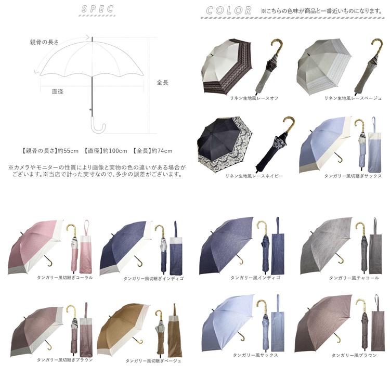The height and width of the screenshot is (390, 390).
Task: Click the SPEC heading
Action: tap(98, 9)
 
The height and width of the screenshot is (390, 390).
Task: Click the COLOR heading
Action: tap(229, 10)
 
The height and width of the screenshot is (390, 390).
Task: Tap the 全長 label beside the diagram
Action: tap(162, 82)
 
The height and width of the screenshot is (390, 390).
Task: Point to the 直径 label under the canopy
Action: tap(57, 92)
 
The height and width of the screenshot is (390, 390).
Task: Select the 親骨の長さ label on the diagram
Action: tap(44, 42)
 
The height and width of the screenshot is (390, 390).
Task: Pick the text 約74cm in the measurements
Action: tap(162, 151)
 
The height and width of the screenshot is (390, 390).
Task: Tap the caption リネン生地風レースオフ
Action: tap(254, 98)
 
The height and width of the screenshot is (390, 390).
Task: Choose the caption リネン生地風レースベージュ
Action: tap(353, 98)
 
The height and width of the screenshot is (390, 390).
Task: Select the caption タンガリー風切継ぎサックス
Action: tap(353, 176)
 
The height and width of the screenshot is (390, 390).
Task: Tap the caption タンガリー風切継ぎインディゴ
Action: tap(153, 279)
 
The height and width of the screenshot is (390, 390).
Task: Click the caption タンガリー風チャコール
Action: tap(354, 278)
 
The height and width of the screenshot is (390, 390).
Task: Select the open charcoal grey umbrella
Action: tap(326, 246)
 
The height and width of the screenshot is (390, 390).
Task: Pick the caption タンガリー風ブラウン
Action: tap(354, 356)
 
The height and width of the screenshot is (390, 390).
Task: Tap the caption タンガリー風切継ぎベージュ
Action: tap(153, 361)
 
